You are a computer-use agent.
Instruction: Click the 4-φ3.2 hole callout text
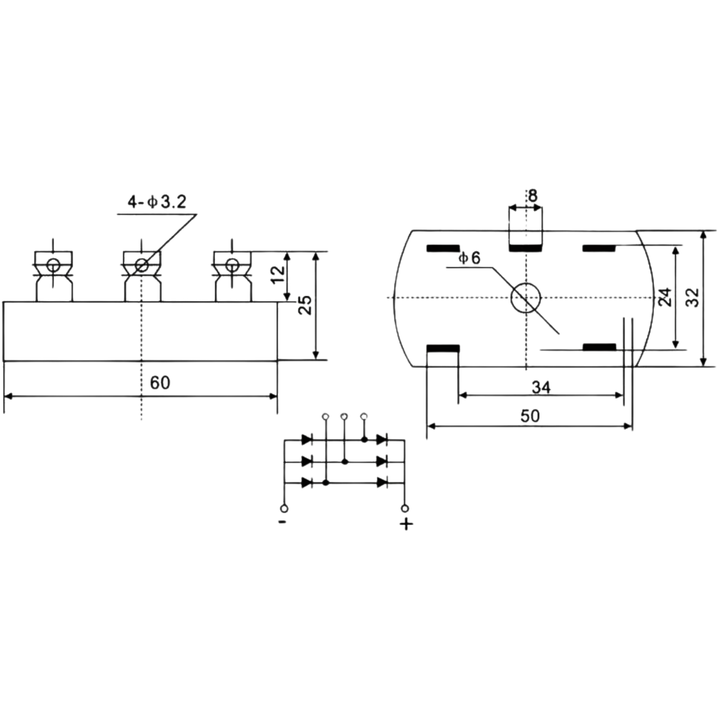point(157,202)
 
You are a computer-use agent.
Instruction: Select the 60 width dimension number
point(160,383)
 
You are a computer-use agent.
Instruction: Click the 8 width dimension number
point(533,195)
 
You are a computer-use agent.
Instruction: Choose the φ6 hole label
point(469,258)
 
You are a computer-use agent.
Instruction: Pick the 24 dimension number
point(665,297)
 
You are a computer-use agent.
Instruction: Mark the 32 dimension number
point(693,297)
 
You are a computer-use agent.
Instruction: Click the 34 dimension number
point(541,388)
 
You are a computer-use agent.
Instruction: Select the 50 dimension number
point(530,416)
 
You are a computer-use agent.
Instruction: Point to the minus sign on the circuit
point(283,522)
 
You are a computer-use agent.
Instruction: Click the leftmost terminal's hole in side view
point(53,266)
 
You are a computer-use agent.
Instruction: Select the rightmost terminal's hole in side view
point(232,265)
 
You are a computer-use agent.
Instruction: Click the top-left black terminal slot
point(443,249)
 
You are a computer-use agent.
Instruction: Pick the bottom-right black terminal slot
point(599,347)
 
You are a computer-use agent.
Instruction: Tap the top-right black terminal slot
point(599,249)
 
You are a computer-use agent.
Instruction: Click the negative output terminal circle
point(285,509)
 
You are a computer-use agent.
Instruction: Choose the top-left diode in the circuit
point(307,439)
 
